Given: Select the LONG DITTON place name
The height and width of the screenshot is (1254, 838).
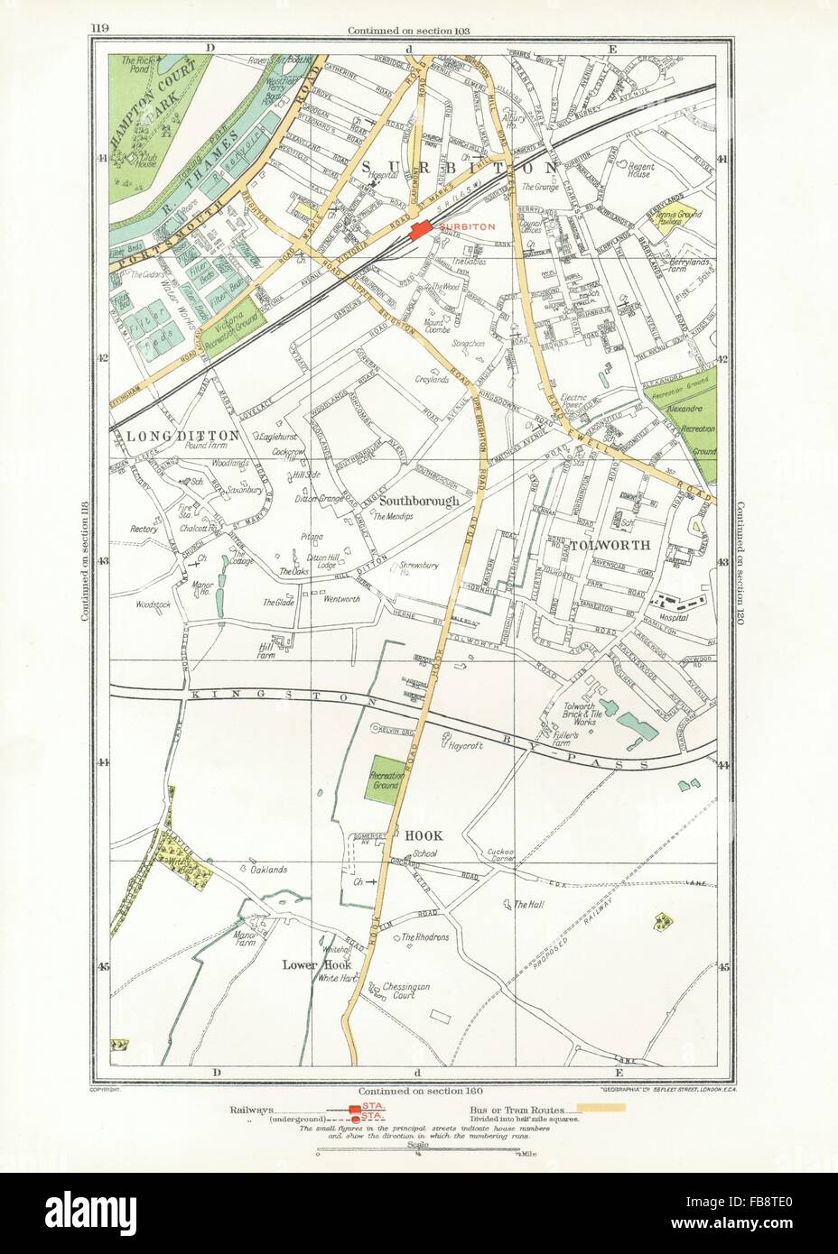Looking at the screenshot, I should (x=184, y=435).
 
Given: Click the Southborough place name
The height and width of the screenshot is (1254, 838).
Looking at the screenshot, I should (x=420, y=500).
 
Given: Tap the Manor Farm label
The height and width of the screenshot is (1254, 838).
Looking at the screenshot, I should (x=246, y=938).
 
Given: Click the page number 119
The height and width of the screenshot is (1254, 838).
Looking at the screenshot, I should (x=100, y=30).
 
